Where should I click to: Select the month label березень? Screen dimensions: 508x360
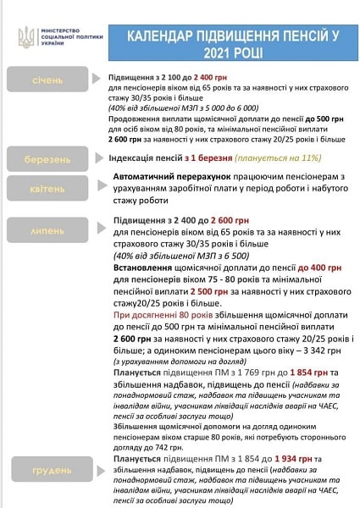point(47,157)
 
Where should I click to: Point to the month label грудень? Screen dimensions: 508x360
point(47,467)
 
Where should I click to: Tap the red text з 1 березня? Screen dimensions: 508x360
point(196,157)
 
